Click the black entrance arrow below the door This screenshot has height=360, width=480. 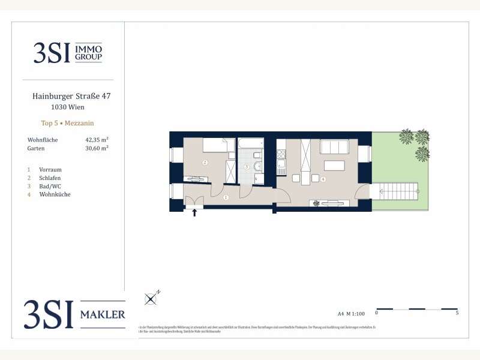[x=194, y=212]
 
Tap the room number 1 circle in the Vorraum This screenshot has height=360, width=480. [x=226, y=197]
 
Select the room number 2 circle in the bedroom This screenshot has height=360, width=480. [x=205, y=163]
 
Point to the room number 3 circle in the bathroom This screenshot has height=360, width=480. [x=246, y=166]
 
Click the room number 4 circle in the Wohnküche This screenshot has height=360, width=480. [x=323, y=179]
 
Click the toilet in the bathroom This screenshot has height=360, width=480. [x=258, y=166]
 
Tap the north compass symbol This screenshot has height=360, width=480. [x=152, y=297]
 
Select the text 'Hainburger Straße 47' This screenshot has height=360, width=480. [x=71, y=95]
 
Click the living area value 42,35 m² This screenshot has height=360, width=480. [x=97, y=139]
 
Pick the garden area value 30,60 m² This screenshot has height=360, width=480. [x=97, y=148]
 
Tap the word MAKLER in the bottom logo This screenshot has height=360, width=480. [x=103, y=314]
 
